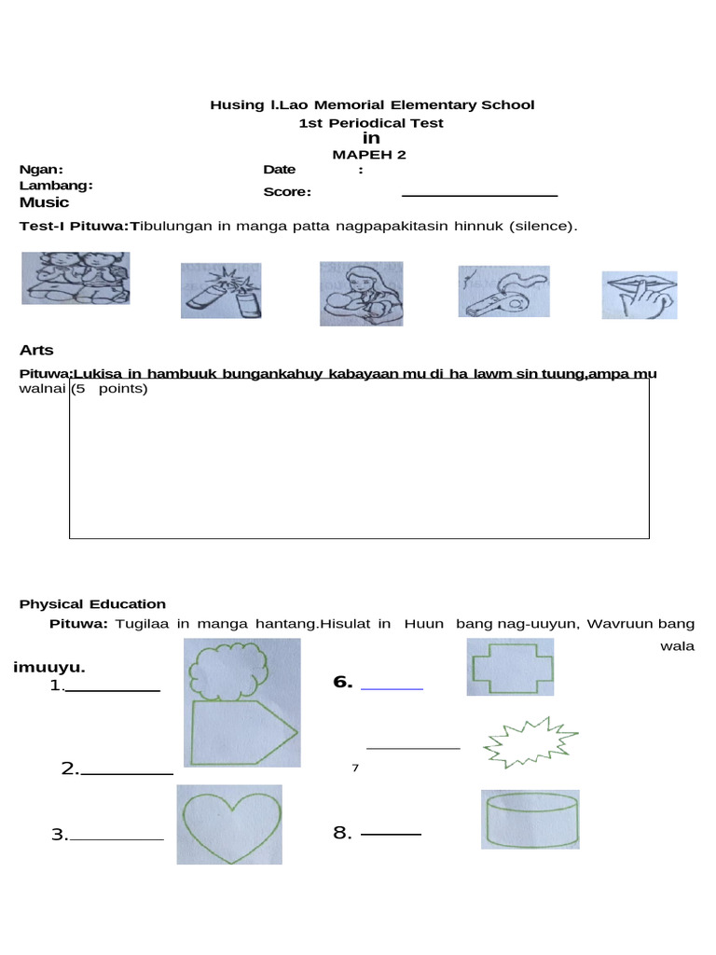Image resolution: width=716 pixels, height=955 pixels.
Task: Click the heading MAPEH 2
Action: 370,155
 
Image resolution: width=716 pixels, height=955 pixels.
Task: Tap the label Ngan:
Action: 42,169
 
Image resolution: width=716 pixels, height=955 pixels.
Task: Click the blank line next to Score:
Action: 479,195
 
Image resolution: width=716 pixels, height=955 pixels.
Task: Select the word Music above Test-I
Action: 44,202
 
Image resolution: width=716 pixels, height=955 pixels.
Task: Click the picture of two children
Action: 76,277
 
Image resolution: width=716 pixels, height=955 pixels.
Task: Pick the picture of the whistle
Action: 503,291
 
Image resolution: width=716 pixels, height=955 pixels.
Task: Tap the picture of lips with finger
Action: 640,295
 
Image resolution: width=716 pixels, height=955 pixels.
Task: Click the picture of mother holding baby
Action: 361,293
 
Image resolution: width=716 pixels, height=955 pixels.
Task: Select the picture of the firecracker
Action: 220,290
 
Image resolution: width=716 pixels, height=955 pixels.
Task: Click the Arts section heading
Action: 36,350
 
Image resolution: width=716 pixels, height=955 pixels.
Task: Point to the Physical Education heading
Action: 92,604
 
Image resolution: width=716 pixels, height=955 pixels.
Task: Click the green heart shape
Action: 229,824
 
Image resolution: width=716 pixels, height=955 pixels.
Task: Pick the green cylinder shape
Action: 530,819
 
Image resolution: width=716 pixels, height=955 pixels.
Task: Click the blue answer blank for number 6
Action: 392,688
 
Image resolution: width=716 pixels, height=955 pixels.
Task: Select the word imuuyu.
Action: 49,667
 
